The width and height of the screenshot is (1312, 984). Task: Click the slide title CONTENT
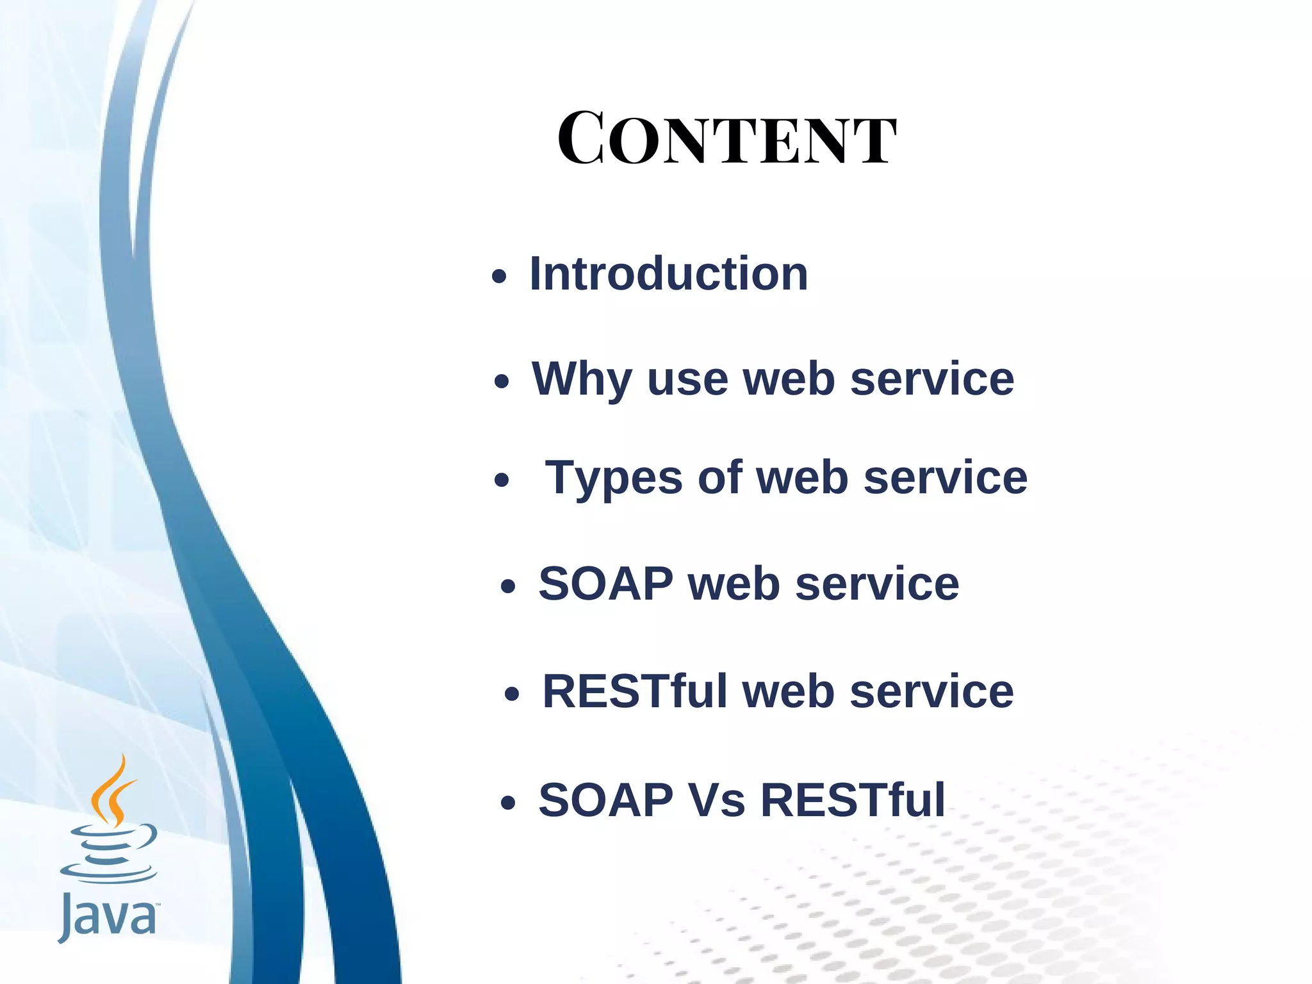point(726,140)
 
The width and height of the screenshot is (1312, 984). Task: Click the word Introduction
point(669,274)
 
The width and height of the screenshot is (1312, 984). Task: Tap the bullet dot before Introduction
point(499,277)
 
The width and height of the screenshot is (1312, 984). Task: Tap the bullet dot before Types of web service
point(502,480)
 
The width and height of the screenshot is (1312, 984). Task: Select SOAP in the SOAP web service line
point(605,584)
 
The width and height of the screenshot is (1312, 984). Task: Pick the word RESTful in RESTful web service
point(635,692)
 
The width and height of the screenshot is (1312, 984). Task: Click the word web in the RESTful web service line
point(788,692)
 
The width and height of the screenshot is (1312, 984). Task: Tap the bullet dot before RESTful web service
point(511,694)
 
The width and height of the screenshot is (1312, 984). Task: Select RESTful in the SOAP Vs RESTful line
point(853,800)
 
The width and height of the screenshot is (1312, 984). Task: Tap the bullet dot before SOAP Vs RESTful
point(508,803)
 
